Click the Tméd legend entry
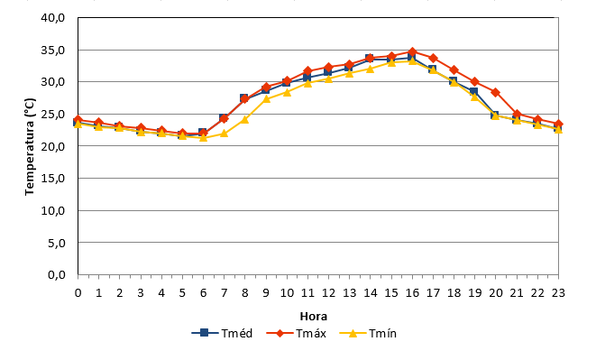[x=223, y=333]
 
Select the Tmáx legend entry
[x=297, y=333]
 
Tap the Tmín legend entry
[x=368, y=333]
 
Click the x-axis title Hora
[x=314, y=316]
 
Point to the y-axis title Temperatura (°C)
[x=30, y=146]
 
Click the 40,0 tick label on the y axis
[x=53, y=18]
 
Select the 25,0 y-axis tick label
[x=53, y=115]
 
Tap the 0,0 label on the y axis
[x=56, y=275]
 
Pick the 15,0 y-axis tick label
[x=53, y=179]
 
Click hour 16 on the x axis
[x=412, y=293]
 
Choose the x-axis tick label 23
[x=558, y=293]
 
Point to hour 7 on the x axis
[x=225, y=293]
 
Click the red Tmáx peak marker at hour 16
[x=412, y=51]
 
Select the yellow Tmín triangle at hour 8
[x=244, y=119]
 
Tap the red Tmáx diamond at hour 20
[x=495, y=92]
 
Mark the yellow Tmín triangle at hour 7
[x=224, y=134]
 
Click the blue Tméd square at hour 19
[x=473, y=92]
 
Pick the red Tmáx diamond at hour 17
[x=433, y=59]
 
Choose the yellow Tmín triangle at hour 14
[x=371, y=69]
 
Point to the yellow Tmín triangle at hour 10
[x=287, y=92]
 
